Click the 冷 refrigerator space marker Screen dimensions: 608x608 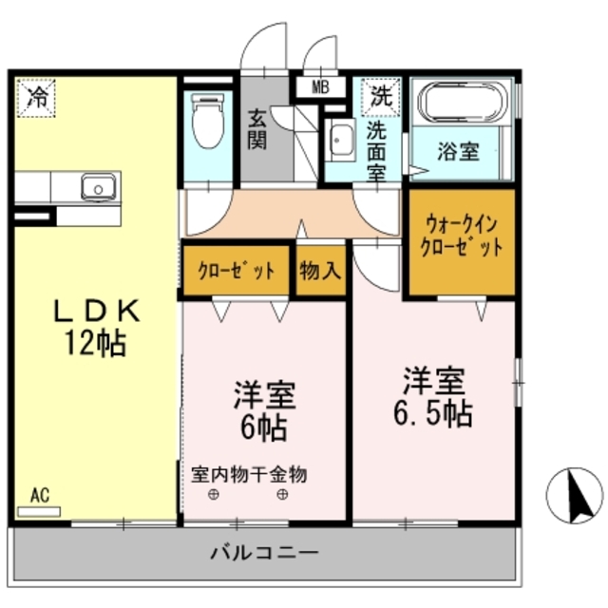pyautogui.click(x=37, y=96)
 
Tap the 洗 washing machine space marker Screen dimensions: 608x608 pyautogui.click(x=380, y=95)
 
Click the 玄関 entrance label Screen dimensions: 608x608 pyautogui.click(x=257, y=130)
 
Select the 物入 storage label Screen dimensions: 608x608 pyautogui.click(x=319, y=271)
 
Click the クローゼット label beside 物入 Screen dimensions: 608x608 pyautogui.click(x=237, y=271)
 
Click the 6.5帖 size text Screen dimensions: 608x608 pyautogui.click(x=432, y=412)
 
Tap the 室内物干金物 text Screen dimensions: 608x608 pyautogui.click(x=249, y=474)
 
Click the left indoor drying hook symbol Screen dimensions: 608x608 pyautogui.click(x=214, y=495)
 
